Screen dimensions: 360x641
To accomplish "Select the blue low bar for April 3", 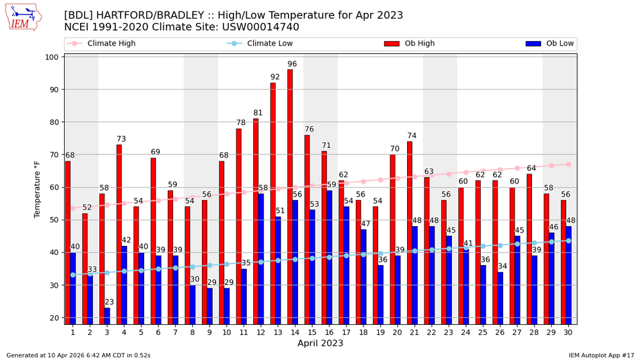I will (107, 316).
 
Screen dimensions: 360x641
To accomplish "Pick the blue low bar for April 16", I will (329, 256).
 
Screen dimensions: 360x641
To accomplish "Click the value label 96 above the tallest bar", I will (292, 64).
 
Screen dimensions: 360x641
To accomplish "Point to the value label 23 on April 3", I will (110, 302).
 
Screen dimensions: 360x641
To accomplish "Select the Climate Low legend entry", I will (260, 44).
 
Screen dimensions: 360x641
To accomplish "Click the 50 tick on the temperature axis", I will (54, 220).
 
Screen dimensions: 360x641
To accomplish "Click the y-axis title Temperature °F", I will (37, 189).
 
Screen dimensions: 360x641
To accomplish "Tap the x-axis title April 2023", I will (320, 343).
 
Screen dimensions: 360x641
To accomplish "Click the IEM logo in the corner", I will (22, 18).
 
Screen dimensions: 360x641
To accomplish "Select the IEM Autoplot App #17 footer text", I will (601, 355).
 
